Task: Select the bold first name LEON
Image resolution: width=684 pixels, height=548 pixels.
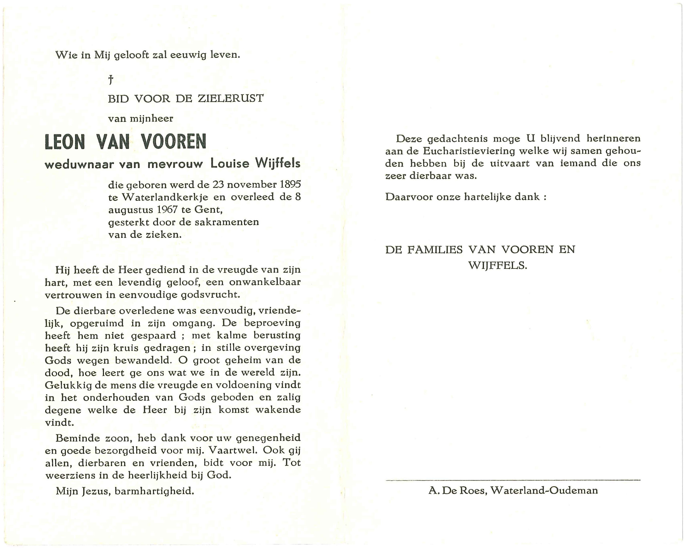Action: coord(65,142)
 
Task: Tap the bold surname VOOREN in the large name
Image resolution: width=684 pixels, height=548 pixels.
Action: coord(174,142)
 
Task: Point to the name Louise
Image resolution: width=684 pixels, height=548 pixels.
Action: coord(230,164)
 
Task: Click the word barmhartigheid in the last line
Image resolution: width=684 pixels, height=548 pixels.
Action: coord(154,491)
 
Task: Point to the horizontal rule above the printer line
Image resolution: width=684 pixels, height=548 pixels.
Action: coord(513,480)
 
